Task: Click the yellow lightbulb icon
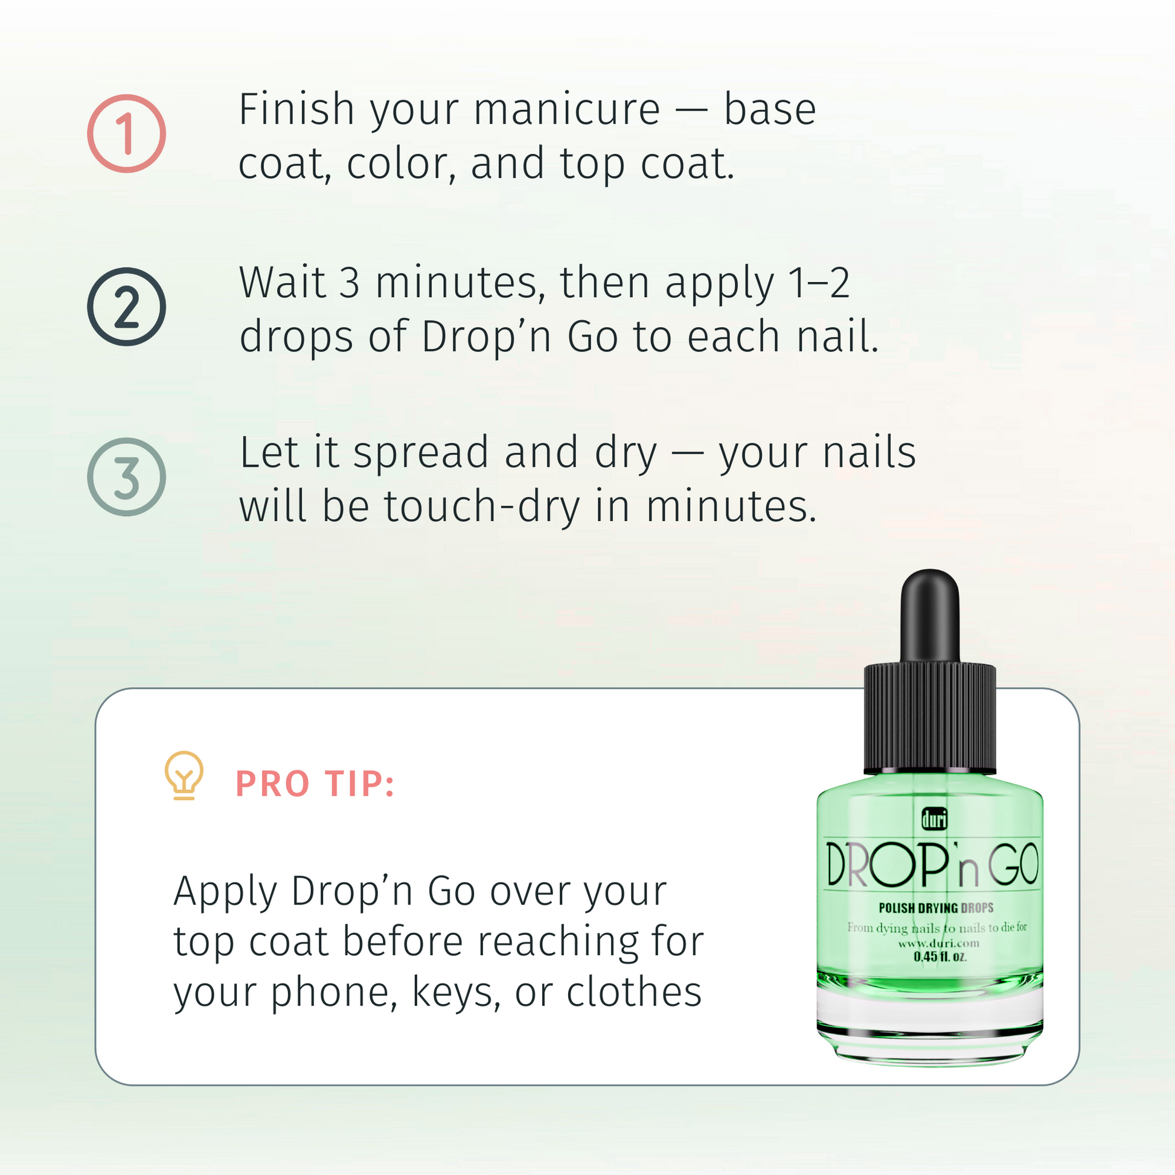point(184,775)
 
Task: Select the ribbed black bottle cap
point(930,720)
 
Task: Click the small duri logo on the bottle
point(935,819)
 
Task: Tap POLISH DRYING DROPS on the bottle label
point(936,908)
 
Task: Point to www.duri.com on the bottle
point(938,943)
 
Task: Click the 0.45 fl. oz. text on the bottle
point(940,956)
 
